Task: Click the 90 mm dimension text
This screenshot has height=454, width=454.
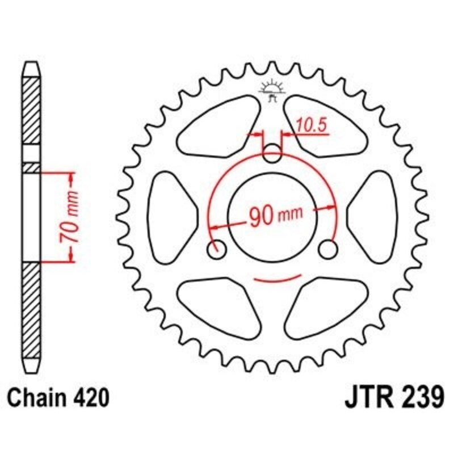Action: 275,215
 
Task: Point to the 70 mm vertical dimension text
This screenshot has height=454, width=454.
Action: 72,217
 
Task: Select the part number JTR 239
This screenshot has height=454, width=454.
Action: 394,398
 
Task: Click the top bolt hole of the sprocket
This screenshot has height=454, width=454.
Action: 273,152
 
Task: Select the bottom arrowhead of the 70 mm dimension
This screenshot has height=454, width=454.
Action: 72,257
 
